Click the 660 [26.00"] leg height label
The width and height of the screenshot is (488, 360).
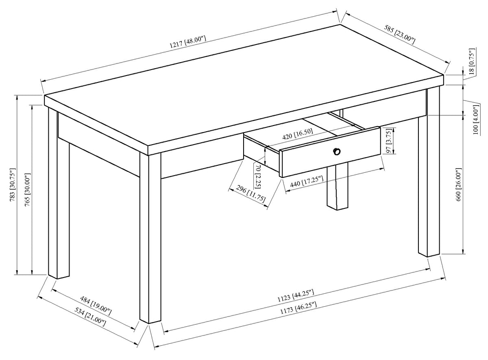(x=459, y=184)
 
